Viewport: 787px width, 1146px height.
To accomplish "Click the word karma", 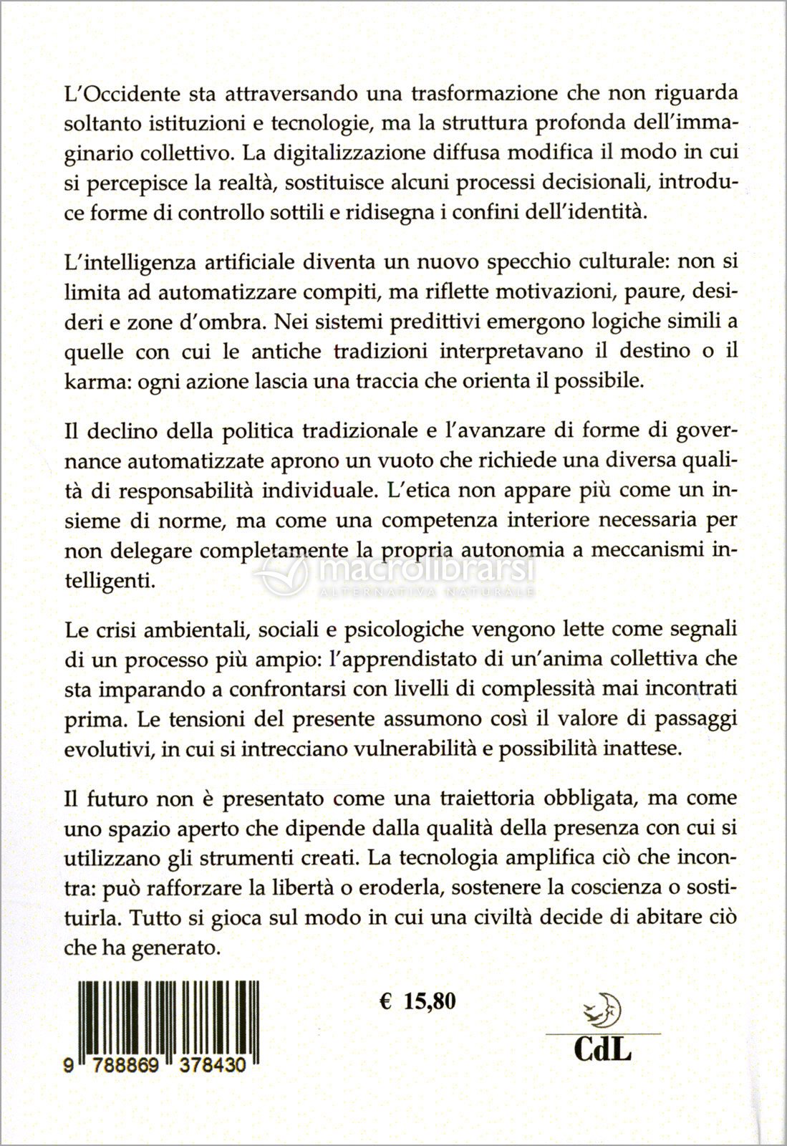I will click(x=89, y=381).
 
